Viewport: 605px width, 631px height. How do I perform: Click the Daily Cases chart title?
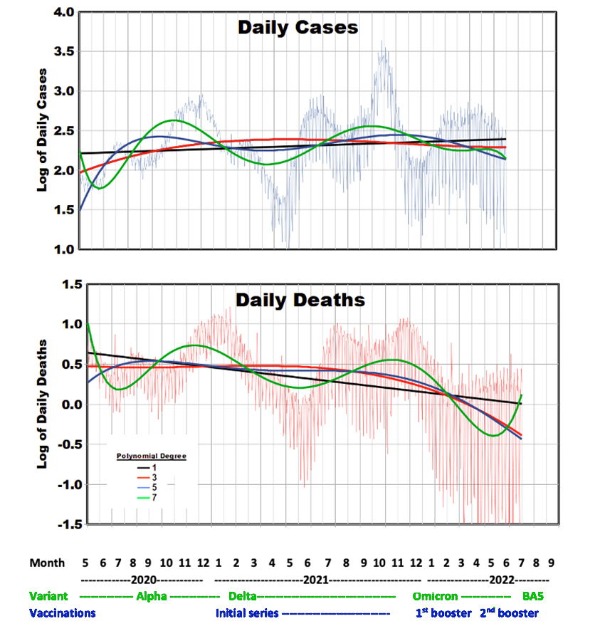pyautogui.click(x=298, y=28)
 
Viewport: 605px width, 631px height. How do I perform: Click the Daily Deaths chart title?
pyautogui.click(x=300, y=300)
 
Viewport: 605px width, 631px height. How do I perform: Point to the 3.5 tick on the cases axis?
pyautogui.click(x=60, y=51)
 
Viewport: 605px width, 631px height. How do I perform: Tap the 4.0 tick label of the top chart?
pyautogui.click(x=60, y=12)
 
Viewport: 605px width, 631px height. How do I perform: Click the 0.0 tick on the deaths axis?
pyautogui.click(x=69, y=405)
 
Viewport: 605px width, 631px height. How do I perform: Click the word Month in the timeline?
pyautogui.click(x=47, y=563)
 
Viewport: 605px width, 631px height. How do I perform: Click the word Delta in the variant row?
pyautogui.click(x=243, y=596)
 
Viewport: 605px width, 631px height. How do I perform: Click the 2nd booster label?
pyautogui.click(x=508, y=612)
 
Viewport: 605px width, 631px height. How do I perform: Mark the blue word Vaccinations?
pyautogui.click(x=63, y=612)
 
